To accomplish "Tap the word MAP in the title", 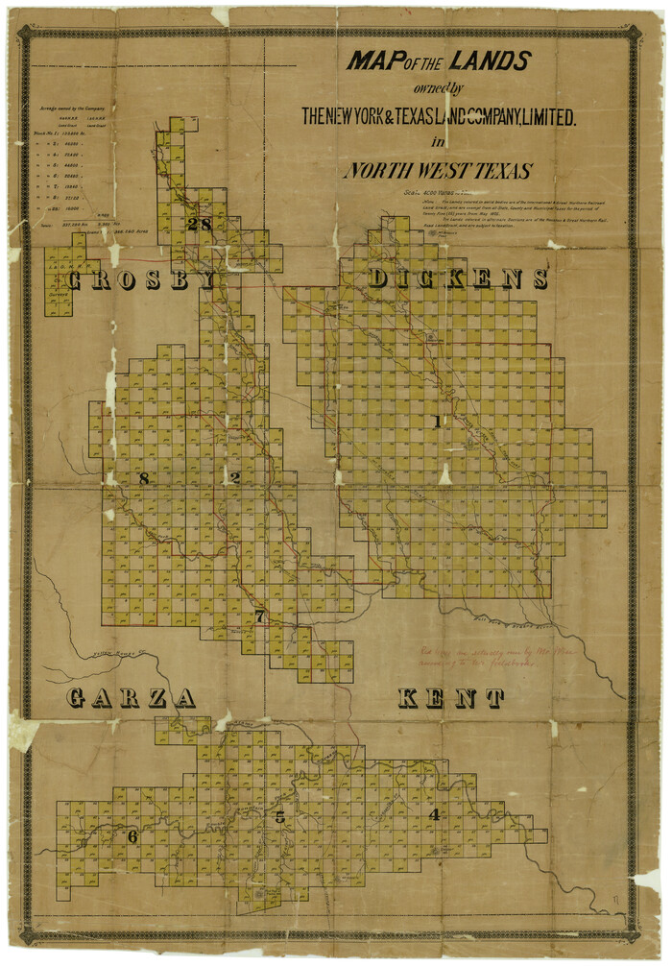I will [x=372, y=62].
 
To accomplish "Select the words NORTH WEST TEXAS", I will [x=437, y=172].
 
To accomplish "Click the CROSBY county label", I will [x=140, y=279].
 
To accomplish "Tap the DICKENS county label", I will [x=458, y=279].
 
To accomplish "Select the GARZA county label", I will [x=132, y=698].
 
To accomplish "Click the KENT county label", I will [x=451, y=698].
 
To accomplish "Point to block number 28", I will [x=200, y=224].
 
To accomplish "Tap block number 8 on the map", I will [x=144, y=478].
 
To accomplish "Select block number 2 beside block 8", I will [x=234, y=477].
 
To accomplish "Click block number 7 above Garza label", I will [x=259, y=616].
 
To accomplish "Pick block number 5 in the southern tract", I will [x=279, y=817].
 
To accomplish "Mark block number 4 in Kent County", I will [x=435, y=814].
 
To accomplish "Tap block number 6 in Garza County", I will [x=132, y=836].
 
